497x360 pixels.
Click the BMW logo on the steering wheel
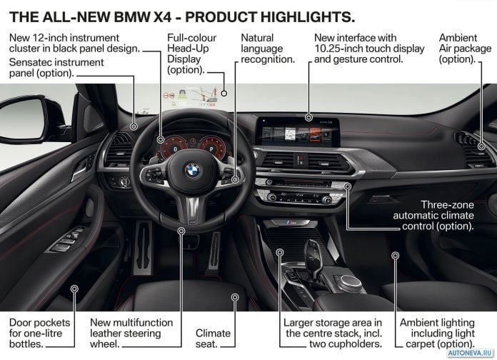(x=192, y=170)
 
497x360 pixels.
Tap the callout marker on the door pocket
(x=74, y=289)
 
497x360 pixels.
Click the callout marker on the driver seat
(x=235, y=297)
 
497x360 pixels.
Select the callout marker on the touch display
(x=309, y=118)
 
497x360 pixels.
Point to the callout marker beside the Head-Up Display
(x=224, y=94)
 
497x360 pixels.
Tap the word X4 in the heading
(x=162, y=17)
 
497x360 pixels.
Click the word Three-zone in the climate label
(x=447, y=205)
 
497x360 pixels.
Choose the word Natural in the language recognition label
(x=257, y=38)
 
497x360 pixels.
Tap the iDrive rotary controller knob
(x=349, y=283)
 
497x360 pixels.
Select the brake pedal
(x=144, y=247)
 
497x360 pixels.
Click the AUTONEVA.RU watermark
(x=471, y=353)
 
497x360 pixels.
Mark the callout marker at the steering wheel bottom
(x=181, y=231)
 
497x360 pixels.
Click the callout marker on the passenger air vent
(x=481, y=146)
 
